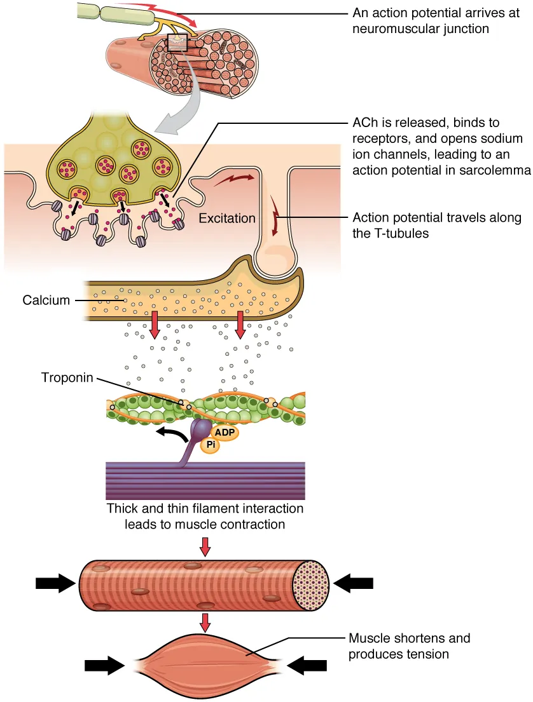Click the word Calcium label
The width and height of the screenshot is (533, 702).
coord(46,300)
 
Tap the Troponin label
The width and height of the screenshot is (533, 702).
coord(67,378)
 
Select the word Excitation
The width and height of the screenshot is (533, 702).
coord(227,219)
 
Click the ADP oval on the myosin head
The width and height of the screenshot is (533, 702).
coord(225,433)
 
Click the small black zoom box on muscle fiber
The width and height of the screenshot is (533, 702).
coord(177,43)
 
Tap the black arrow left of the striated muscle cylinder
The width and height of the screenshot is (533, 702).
coord(56,582)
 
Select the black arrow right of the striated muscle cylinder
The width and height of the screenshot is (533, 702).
coord(354,582)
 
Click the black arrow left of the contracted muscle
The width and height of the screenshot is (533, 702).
coord(105,665)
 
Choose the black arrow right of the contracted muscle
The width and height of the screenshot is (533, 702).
coord(307,665)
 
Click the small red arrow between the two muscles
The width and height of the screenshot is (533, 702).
coord(204,622)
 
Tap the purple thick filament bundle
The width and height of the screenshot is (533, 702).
coord(205,480)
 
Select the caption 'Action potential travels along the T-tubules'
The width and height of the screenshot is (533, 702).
coord(437,225)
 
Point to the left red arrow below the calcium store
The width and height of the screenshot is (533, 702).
coord(153,325)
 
